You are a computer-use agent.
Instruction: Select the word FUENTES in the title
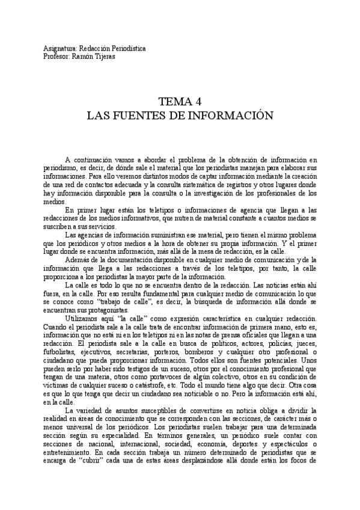click(x=171, y=114)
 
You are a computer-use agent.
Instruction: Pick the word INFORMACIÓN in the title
click(x=238, y=114)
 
